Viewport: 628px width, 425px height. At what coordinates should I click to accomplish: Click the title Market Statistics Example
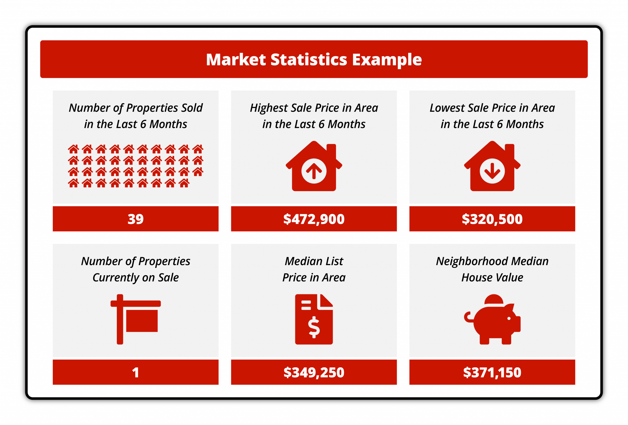314,60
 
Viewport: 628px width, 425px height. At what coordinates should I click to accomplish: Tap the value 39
136,219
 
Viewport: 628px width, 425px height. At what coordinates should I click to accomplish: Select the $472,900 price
314,219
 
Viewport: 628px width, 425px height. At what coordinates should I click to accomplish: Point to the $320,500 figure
492,219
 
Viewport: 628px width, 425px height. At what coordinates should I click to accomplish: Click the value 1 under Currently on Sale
136,373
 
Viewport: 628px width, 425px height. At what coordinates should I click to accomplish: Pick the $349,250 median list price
314,373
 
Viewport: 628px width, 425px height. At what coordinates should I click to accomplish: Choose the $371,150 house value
492,373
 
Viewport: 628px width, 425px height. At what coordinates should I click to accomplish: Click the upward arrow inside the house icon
314,171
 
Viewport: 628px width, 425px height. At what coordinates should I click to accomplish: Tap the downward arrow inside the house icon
492,171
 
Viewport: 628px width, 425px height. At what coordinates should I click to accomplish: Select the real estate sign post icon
136,319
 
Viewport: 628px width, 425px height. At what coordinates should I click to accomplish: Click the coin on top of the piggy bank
494,299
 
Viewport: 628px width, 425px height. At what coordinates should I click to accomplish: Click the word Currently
116,278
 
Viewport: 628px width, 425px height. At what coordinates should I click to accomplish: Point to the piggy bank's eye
509,319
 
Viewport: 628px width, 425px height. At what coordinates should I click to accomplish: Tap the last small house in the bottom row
184,183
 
